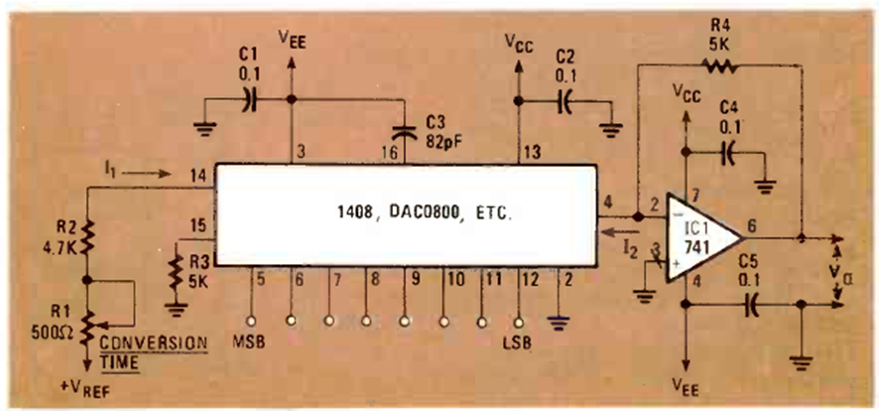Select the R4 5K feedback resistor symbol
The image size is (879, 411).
(720, 66)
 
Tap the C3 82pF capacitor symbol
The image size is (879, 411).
(404, 132)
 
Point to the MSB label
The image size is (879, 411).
(248, 342)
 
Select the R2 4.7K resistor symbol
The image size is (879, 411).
(87, 238)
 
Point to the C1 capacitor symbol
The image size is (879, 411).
(249, 100)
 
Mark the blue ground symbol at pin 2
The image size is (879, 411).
(559, 323)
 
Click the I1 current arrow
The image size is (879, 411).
(146, 175)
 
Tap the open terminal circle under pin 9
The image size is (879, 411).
(404, 322)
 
